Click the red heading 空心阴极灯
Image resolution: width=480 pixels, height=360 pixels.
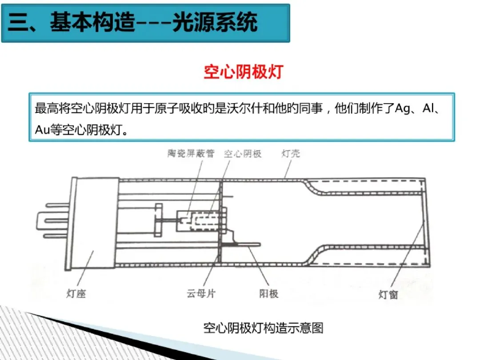click(x=243, y=72)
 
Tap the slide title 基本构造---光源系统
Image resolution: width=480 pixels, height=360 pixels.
click(x=153, y=22)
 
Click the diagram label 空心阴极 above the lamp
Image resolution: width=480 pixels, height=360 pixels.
click(x=242, y=154)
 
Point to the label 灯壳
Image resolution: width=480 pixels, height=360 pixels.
click(x=291, y=154)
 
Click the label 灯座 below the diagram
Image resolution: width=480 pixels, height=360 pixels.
click(x=76, y=294)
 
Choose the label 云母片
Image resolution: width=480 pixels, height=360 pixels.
click(x=201, y=294)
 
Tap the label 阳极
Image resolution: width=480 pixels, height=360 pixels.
click(x=268, y=294)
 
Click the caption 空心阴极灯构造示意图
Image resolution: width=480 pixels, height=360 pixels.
click(x=263, y=328)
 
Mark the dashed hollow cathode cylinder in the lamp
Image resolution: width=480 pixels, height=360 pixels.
click(x=205, y=220)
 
